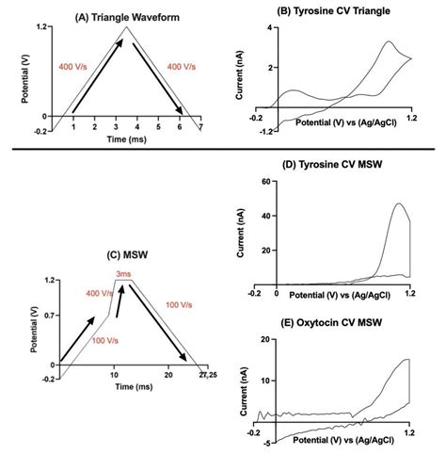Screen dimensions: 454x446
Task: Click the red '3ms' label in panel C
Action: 124,273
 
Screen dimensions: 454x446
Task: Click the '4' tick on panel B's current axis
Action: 269,28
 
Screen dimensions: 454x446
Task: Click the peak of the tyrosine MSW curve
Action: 399,204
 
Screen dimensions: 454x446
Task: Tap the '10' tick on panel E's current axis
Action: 267,381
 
